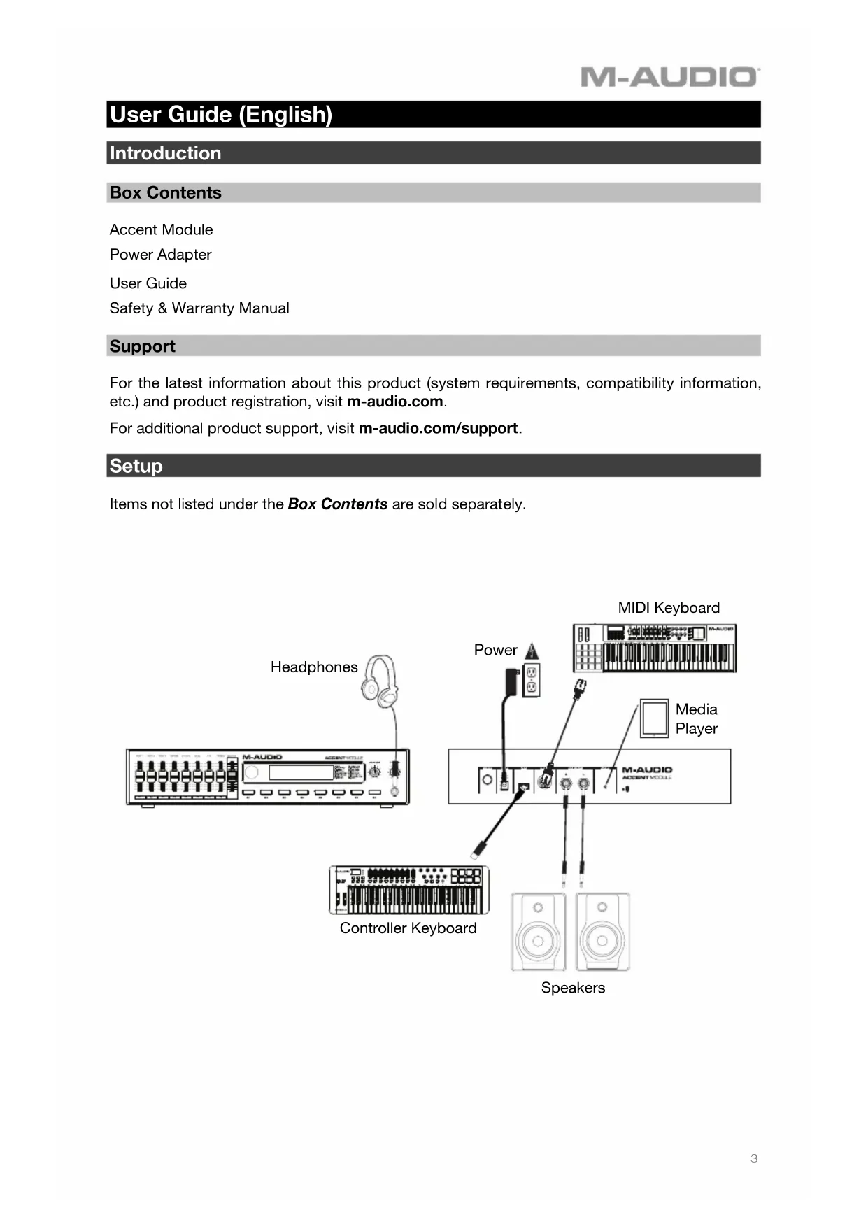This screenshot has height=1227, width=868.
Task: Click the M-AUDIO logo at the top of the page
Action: pyautogui.click(x=669, y=76)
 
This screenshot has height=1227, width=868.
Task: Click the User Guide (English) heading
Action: pyautogui.click(x=221, y=115)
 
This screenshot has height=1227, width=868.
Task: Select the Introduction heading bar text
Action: pyautogui.click(x=165, y=153)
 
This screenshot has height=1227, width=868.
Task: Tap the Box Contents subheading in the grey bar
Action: pyautogui.click(x=165, y=193)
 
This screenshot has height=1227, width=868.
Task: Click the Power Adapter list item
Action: pyautogui.click(x=160, y=255)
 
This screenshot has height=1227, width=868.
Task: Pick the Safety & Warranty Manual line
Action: pyautogui.click(x=199, y=308)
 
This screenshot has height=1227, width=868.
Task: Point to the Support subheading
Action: pyautogui.click(x=142, y=346)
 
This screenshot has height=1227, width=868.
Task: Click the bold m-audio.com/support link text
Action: pyautogui.click(x=438, y=428)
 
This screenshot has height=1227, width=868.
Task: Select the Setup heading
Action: pyautogui.click(x=136, y=466)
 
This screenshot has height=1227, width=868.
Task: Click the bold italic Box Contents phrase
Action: pyautogui.click(x=337, y=504)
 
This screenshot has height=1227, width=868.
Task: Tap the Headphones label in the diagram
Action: pyautogui.click(x=314, y=667)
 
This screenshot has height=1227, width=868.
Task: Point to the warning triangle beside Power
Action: pyautogui.click(x=532, y=651)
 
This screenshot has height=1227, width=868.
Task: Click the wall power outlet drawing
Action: pyautogui.click(x=532, y=680)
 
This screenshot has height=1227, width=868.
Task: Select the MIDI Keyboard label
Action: pyautogui.click(x=669, y=608)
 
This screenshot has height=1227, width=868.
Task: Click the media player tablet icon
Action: pyautogui.click(x=654, y=718)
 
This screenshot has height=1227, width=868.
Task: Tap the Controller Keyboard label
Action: pyautogui.click(x=408, y=928)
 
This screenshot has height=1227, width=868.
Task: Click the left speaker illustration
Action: pyautogui.click(x=538, y=932)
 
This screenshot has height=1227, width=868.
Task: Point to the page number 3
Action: pyautogui.click(x=754, y=1158)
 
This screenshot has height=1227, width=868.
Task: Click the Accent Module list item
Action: pyautogui.click(x=161, y=230)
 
